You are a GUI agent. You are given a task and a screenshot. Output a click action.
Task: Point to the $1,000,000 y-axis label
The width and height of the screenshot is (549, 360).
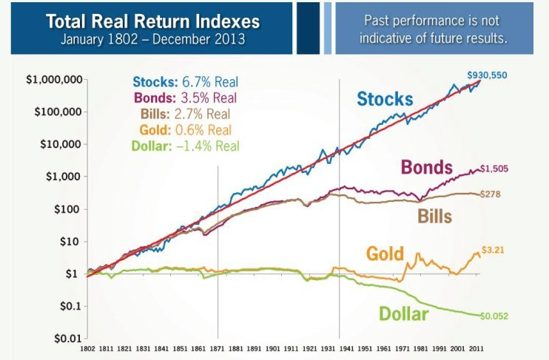tap(53, 80)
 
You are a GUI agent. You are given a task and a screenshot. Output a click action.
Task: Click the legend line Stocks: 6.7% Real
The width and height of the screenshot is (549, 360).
tap(186, 82)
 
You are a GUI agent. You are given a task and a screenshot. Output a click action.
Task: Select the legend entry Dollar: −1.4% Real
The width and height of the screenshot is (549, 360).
tap(185, 146)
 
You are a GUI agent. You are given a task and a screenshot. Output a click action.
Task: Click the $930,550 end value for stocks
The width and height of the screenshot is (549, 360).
tap(487, 75)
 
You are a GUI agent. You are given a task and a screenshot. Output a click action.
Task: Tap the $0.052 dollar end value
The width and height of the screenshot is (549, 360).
tap(494, 316)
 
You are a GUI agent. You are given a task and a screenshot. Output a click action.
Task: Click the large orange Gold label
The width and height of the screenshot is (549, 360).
tap(385, 254)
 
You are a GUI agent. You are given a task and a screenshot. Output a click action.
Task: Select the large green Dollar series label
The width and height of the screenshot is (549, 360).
tap(404, 314)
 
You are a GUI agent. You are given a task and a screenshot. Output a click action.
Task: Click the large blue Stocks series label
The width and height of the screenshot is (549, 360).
tap(385, 98)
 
